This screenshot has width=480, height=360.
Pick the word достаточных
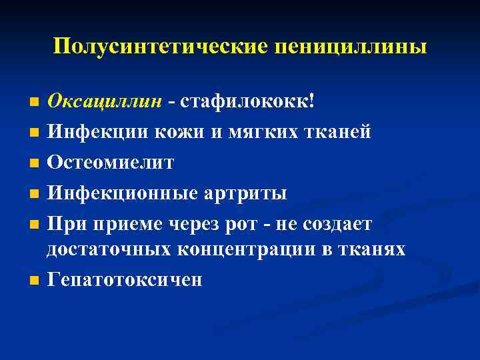(x=107, y=249)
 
